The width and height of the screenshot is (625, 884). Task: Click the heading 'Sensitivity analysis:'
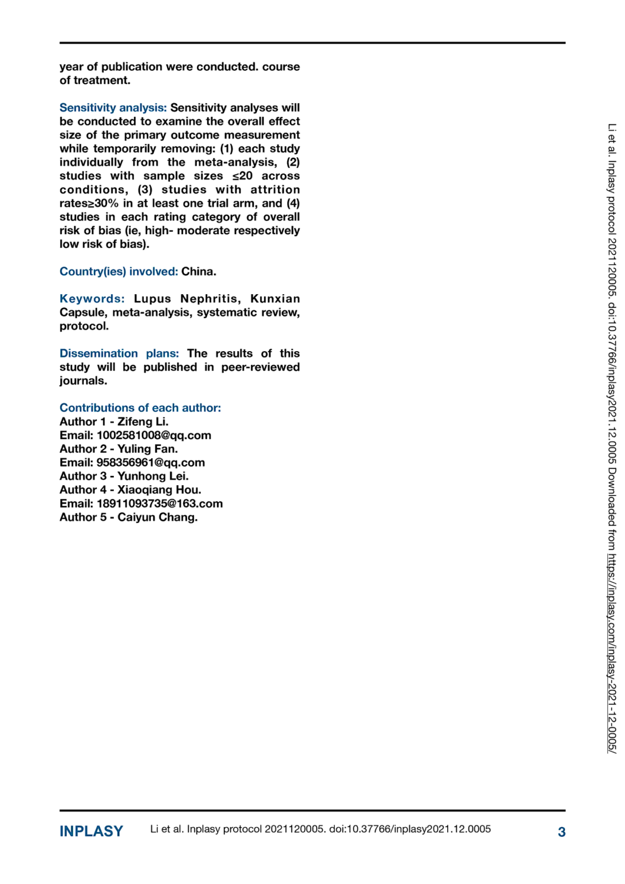(113, 108)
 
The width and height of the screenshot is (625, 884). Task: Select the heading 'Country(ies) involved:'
(119, 272)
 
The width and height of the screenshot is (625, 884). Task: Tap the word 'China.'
(199, 272)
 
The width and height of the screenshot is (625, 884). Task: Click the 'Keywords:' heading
(92, 299)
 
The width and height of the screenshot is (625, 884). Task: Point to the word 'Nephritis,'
(210, 299)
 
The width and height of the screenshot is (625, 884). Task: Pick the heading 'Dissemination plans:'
(119, 353)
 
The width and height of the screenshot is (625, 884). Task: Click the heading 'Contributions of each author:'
(140, 408)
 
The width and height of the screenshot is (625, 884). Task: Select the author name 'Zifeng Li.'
(143, 422)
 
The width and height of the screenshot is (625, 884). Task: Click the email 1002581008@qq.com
(154, 436)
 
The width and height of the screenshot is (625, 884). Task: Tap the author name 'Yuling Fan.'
(147, 449)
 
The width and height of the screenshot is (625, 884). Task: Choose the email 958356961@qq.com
(150, 463)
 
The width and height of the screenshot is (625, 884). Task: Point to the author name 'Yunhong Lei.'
(153, 477)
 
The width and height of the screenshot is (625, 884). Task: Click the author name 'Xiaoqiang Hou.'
(159, 490)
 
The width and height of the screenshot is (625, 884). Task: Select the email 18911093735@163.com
(159, 504)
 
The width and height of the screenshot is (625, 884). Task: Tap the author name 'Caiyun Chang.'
(157, 517)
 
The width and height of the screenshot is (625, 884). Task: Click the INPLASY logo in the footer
(91, 832)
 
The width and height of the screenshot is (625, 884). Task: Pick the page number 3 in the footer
(561, 832)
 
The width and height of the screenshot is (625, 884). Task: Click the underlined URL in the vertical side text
(612, 653)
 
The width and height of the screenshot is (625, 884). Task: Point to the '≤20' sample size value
(242, 176)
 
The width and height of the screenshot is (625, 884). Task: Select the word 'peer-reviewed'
(260, 367)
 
